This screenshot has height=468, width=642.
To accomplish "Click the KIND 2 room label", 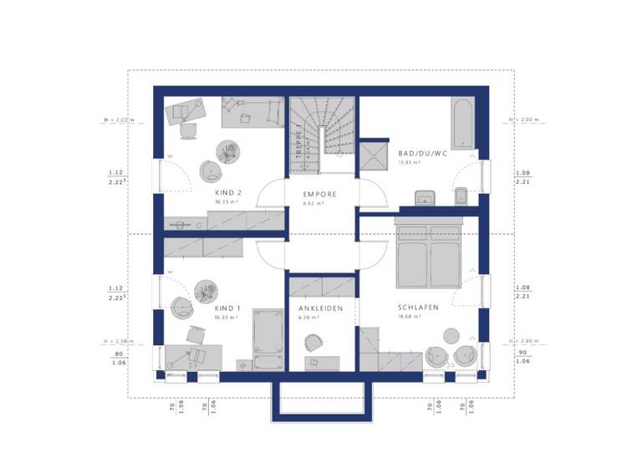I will (228, 191).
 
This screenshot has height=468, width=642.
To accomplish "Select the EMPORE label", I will (320, 195).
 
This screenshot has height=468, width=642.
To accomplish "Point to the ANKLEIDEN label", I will (321, 308).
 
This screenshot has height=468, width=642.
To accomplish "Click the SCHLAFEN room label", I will (418, 308).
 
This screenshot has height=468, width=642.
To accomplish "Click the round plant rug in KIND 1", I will (206, 291).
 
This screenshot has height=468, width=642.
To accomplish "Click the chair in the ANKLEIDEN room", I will (314, 343).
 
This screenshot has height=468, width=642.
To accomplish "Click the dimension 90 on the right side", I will (521, 354).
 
